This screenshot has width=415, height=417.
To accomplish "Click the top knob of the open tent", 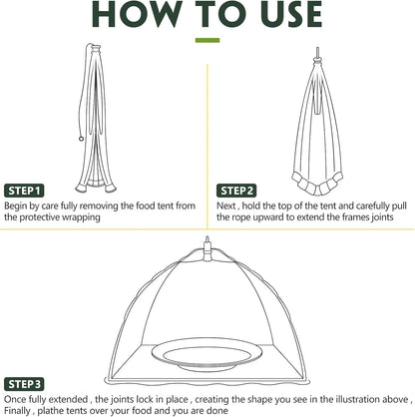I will pos(207,241).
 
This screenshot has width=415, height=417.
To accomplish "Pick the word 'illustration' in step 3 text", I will pos(327,398).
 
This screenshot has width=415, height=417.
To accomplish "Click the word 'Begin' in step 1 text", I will pos(20,206).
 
